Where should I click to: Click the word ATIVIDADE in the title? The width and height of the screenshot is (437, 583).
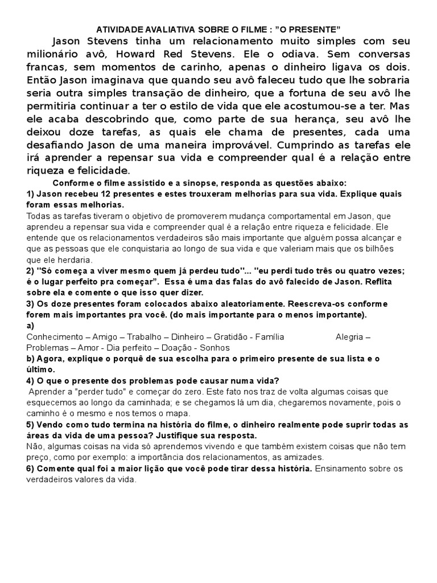coord(119,28)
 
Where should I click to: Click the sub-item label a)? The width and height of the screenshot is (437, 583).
coord(31,326)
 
